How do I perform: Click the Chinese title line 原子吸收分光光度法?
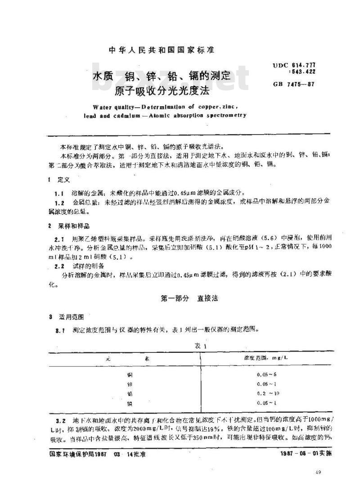pyautogui.click(x=162, y=91)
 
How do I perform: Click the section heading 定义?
pyautogui.click(x=63, y=180)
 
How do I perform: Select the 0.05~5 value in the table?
pyautogui.click(x=265, y=374)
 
